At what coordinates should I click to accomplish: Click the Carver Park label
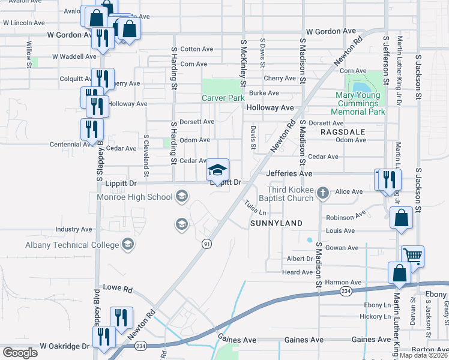(223, 98)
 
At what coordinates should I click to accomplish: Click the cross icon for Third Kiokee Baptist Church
(323, 193)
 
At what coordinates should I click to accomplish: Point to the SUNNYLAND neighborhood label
(276, 223)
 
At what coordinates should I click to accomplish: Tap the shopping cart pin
(412, 256)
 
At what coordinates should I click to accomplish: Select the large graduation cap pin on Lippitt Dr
(218, 170)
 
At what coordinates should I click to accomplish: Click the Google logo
(20, 352)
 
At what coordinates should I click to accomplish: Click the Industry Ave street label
(73, 229)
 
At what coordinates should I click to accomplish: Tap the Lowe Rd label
(117, 288)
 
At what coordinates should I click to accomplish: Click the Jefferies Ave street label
(289, 173)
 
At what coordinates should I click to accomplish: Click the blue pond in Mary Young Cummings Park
(361, 89)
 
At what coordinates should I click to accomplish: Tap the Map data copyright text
(423, 355)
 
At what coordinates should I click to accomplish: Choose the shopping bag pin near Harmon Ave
(399, 274)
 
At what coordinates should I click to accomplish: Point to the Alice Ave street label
(349, 191)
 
